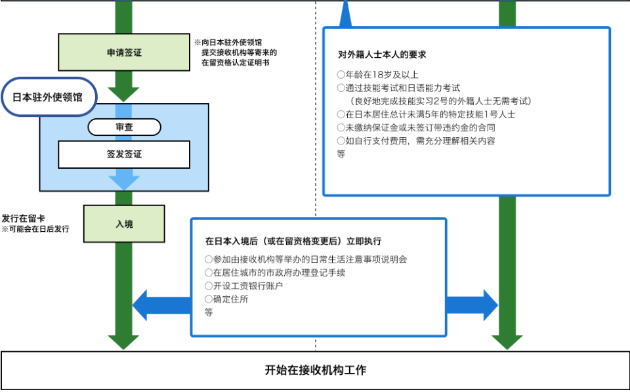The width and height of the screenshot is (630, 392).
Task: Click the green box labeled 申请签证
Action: pyautogui.click(x=124, y=53)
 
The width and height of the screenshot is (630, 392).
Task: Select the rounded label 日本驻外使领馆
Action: pyautogui.click(x=48, y=97)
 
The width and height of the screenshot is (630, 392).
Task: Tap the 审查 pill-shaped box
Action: pyautogui.click(x=124, y=127)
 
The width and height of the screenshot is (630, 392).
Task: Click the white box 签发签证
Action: pyautogui.click(x=124, y=155)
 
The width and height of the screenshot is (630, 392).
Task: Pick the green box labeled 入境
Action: pyautogui.click(x=124, y=224)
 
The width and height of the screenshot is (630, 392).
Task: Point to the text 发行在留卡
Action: pyautogui.click(x=23, y=218)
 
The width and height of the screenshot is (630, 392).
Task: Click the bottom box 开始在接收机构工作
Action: pyautogui.click(x=315, y=370)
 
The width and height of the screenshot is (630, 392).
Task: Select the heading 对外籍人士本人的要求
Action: pyautogui.click(x=382, y=54)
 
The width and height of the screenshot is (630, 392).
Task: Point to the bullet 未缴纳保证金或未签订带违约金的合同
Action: pyautogui.click(x=415, y=127)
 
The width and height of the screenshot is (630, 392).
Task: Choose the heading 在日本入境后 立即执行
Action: pyautogui.click(x=293, y=240)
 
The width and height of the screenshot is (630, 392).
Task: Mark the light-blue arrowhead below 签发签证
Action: pyautogui.click(x=124, y=180)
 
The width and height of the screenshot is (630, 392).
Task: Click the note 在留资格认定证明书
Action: pyautogui.click(x=235, y=62)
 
